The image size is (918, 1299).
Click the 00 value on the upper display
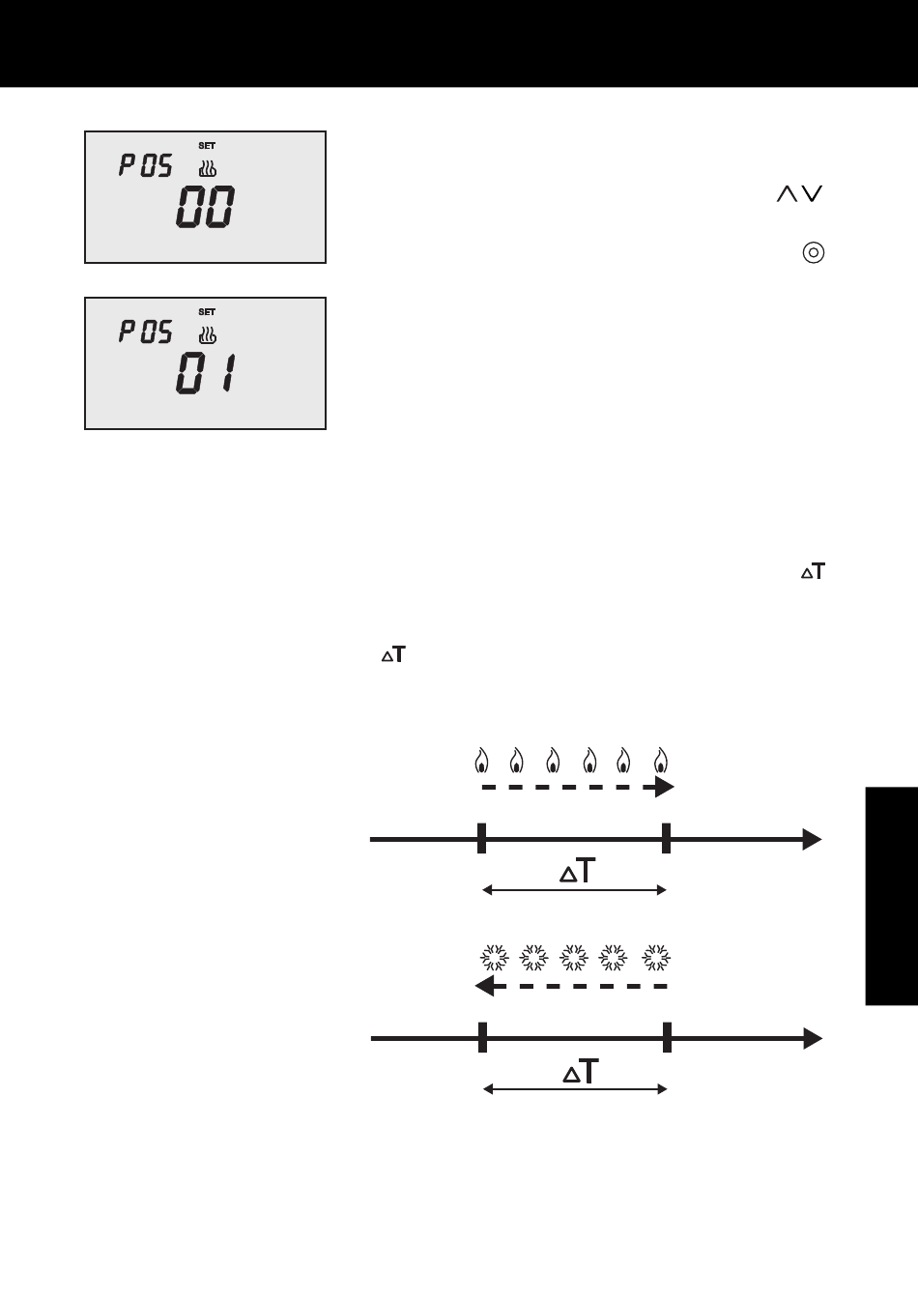pos(205,207)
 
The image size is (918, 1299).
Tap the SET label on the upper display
pos(207,146)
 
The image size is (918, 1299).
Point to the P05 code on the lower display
pos(146,332)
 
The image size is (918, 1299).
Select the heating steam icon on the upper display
pos(208,168)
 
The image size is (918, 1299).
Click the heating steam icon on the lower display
pos(208,334)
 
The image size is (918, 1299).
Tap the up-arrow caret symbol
pos(787,193)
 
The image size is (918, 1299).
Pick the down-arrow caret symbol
pos(812,193)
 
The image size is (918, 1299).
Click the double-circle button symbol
pos(814,253)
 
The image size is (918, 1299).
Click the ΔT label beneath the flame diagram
pos(578,871)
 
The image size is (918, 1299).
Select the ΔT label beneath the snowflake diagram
pos(581,1071)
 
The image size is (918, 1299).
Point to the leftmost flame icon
pos(481,761)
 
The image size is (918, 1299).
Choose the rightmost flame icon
pos(661,761)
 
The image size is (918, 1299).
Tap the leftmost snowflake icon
pos(495,958)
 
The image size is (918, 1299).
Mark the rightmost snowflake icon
pos(656,958)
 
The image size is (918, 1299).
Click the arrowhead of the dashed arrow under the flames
pos(665,787)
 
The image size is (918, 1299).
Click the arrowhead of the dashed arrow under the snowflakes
pos(484,986)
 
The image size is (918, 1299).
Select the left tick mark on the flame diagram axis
pos(481,838)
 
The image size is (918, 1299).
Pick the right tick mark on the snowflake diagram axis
pos(667,1037)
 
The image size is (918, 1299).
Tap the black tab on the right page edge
pos(891,896)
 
